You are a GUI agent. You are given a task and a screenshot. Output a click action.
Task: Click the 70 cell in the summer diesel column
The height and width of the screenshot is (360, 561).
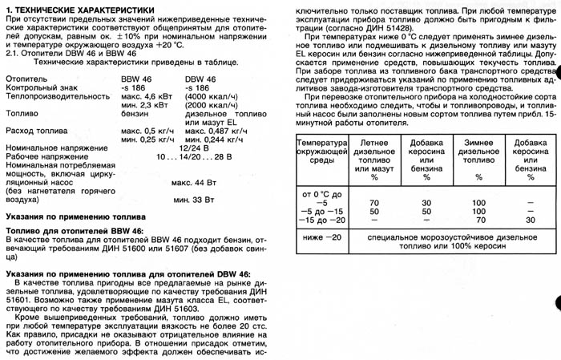[373, 204]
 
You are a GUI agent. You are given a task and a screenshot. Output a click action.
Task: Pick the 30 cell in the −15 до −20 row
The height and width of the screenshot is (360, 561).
[531, 220]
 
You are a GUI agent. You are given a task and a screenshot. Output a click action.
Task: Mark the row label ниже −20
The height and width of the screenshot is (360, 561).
[317, 238]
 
